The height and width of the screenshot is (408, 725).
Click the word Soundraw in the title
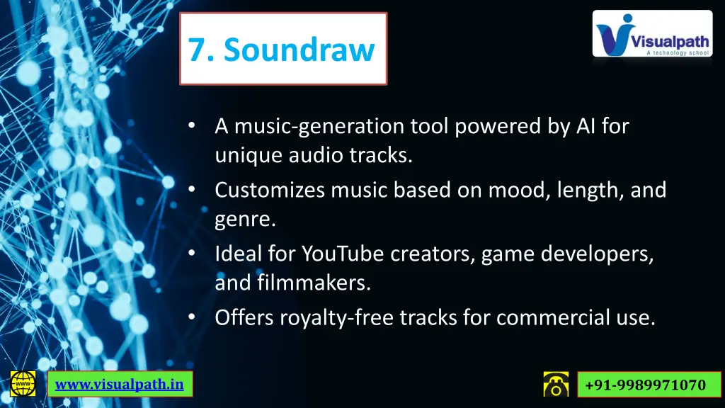(x=299, y=50)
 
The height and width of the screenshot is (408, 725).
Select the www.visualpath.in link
(x=120, y=385)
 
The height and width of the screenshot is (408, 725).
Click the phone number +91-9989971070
(x=646, y=385)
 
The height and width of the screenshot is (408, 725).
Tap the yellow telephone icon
(x=556, y=385)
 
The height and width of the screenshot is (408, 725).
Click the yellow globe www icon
(x=23, y=385)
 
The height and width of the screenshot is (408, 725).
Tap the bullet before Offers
(x=191, y=318)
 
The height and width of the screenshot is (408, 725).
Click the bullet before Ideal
(x=191, y=253)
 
